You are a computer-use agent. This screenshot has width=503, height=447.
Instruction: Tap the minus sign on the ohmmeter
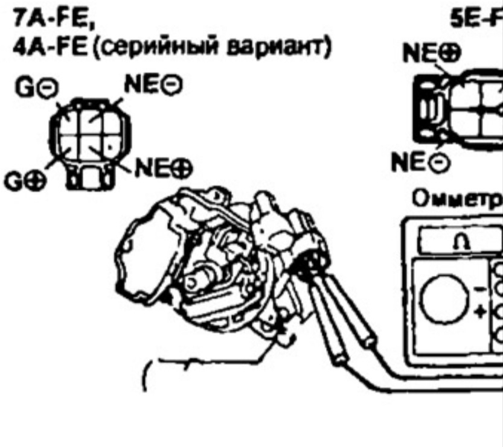(x=481, y=291)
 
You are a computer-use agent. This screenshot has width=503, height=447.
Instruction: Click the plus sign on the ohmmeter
(x=481, y=311)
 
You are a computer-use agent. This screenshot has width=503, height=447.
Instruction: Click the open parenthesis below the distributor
(x=145, y=377)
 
